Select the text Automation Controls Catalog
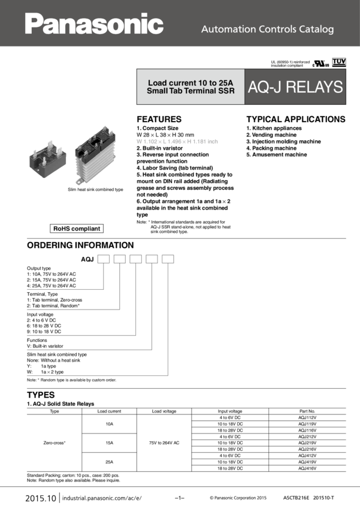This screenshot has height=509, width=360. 267,29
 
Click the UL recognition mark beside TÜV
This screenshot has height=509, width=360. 317,63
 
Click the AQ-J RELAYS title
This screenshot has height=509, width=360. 296,87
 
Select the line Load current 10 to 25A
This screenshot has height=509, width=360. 190,83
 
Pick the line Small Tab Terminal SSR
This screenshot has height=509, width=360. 190,90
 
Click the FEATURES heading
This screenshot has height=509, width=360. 159,119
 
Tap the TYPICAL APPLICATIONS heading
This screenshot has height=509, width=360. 296,119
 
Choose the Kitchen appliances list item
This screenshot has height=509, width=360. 274,128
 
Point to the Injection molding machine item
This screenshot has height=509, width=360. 283,141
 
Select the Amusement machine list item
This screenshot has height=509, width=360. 277,154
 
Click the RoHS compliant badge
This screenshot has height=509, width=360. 77,228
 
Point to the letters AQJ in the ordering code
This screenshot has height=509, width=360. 87,259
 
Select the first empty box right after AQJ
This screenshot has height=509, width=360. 104,259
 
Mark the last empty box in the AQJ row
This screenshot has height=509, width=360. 168,259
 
